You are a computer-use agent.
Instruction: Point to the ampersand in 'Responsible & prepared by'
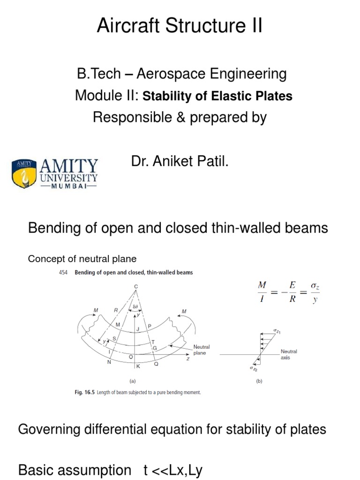(179, 117)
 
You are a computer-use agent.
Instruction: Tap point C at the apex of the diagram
(136, 286)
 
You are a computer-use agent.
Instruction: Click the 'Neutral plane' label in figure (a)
(202, 349)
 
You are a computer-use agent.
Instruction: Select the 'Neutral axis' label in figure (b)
(289, 354)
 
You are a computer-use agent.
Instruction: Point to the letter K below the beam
(138, 366)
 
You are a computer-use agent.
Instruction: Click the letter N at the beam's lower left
(110, 362)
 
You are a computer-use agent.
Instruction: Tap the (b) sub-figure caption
(259, 382)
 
